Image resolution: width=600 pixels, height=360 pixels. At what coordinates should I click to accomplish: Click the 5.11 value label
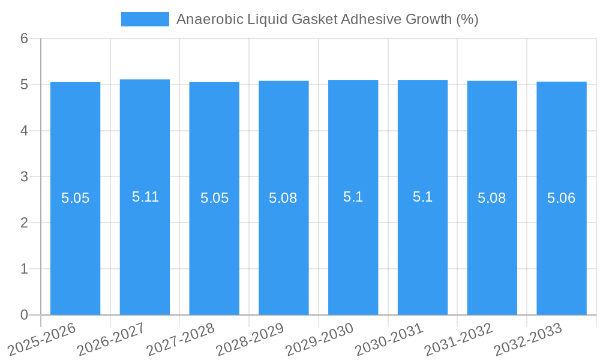tap(145, 197)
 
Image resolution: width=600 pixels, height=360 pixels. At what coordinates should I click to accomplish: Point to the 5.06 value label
tap(562, 198)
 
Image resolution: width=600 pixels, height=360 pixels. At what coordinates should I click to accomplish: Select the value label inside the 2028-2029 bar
tap(283, 198)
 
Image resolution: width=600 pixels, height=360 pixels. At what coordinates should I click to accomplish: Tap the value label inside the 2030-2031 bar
tap(422, 197)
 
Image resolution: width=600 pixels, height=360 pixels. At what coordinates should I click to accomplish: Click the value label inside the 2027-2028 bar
tap(214, 198)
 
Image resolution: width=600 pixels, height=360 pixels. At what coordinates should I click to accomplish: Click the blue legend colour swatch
tap(145, 19)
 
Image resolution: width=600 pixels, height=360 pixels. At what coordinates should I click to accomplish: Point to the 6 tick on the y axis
tap(24, 38)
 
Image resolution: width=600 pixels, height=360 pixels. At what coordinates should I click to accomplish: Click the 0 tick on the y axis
tap(24, 315)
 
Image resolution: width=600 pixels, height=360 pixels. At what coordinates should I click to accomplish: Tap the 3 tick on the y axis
tap(24, 177)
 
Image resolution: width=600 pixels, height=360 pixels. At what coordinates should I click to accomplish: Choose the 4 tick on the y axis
tap(24, 131)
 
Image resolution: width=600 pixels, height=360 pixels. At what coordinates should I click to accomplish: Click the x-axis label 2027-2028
tap(181, 339)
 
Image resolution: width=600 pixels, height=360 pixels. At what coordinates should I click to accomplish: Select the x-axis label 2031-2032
tap(458, 339)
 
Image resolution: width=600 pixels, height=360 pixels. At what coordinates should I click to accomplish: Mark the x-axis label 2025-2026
tap(41, 339)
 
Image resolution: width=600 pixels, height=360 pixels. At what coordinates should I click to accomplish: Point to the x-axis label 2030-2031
tap(389, 339)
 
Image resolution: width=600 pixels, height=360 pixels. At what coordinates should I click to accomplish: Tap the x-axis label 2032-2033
tap(528, 339)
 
